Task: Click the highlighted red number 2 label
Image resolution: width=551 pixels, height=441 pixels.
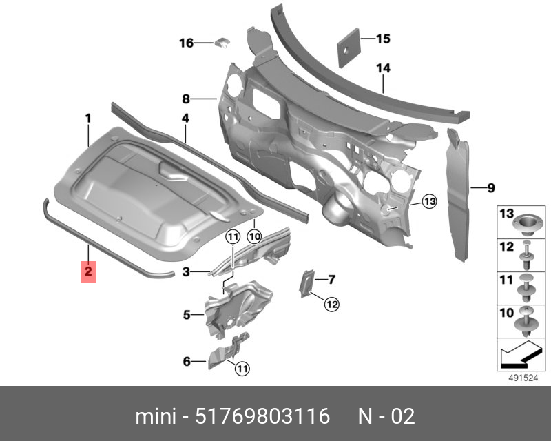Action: click(x=88, y=271)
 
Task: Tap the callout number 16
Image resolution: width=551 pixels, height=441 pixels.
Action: click(x=186, y=43)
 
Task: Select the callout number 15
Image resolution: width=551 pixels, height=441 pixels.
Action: click(x=383, y=39)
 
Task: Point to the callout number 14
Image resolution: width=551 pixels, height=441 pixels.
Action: click(x=383, y=68)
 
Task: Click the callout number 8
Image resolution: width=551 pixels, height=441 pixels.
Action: click(x=186, y=99)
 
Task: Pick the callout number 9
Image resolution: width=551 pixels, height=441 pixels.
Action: click(x=491, y=188)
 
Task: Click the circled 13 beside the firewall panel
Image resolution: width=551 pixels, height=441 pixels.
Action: click(x=429, y=201)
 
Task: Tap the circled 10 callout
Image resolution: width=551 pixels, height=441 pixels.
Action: click(x=254, y=236)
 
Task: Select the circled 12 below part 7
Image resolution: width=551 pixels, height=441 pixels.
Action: click(x=332, y=304)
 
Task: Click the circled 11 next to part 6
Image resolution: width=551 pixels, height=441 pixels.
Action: click(x=242, y=368)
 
